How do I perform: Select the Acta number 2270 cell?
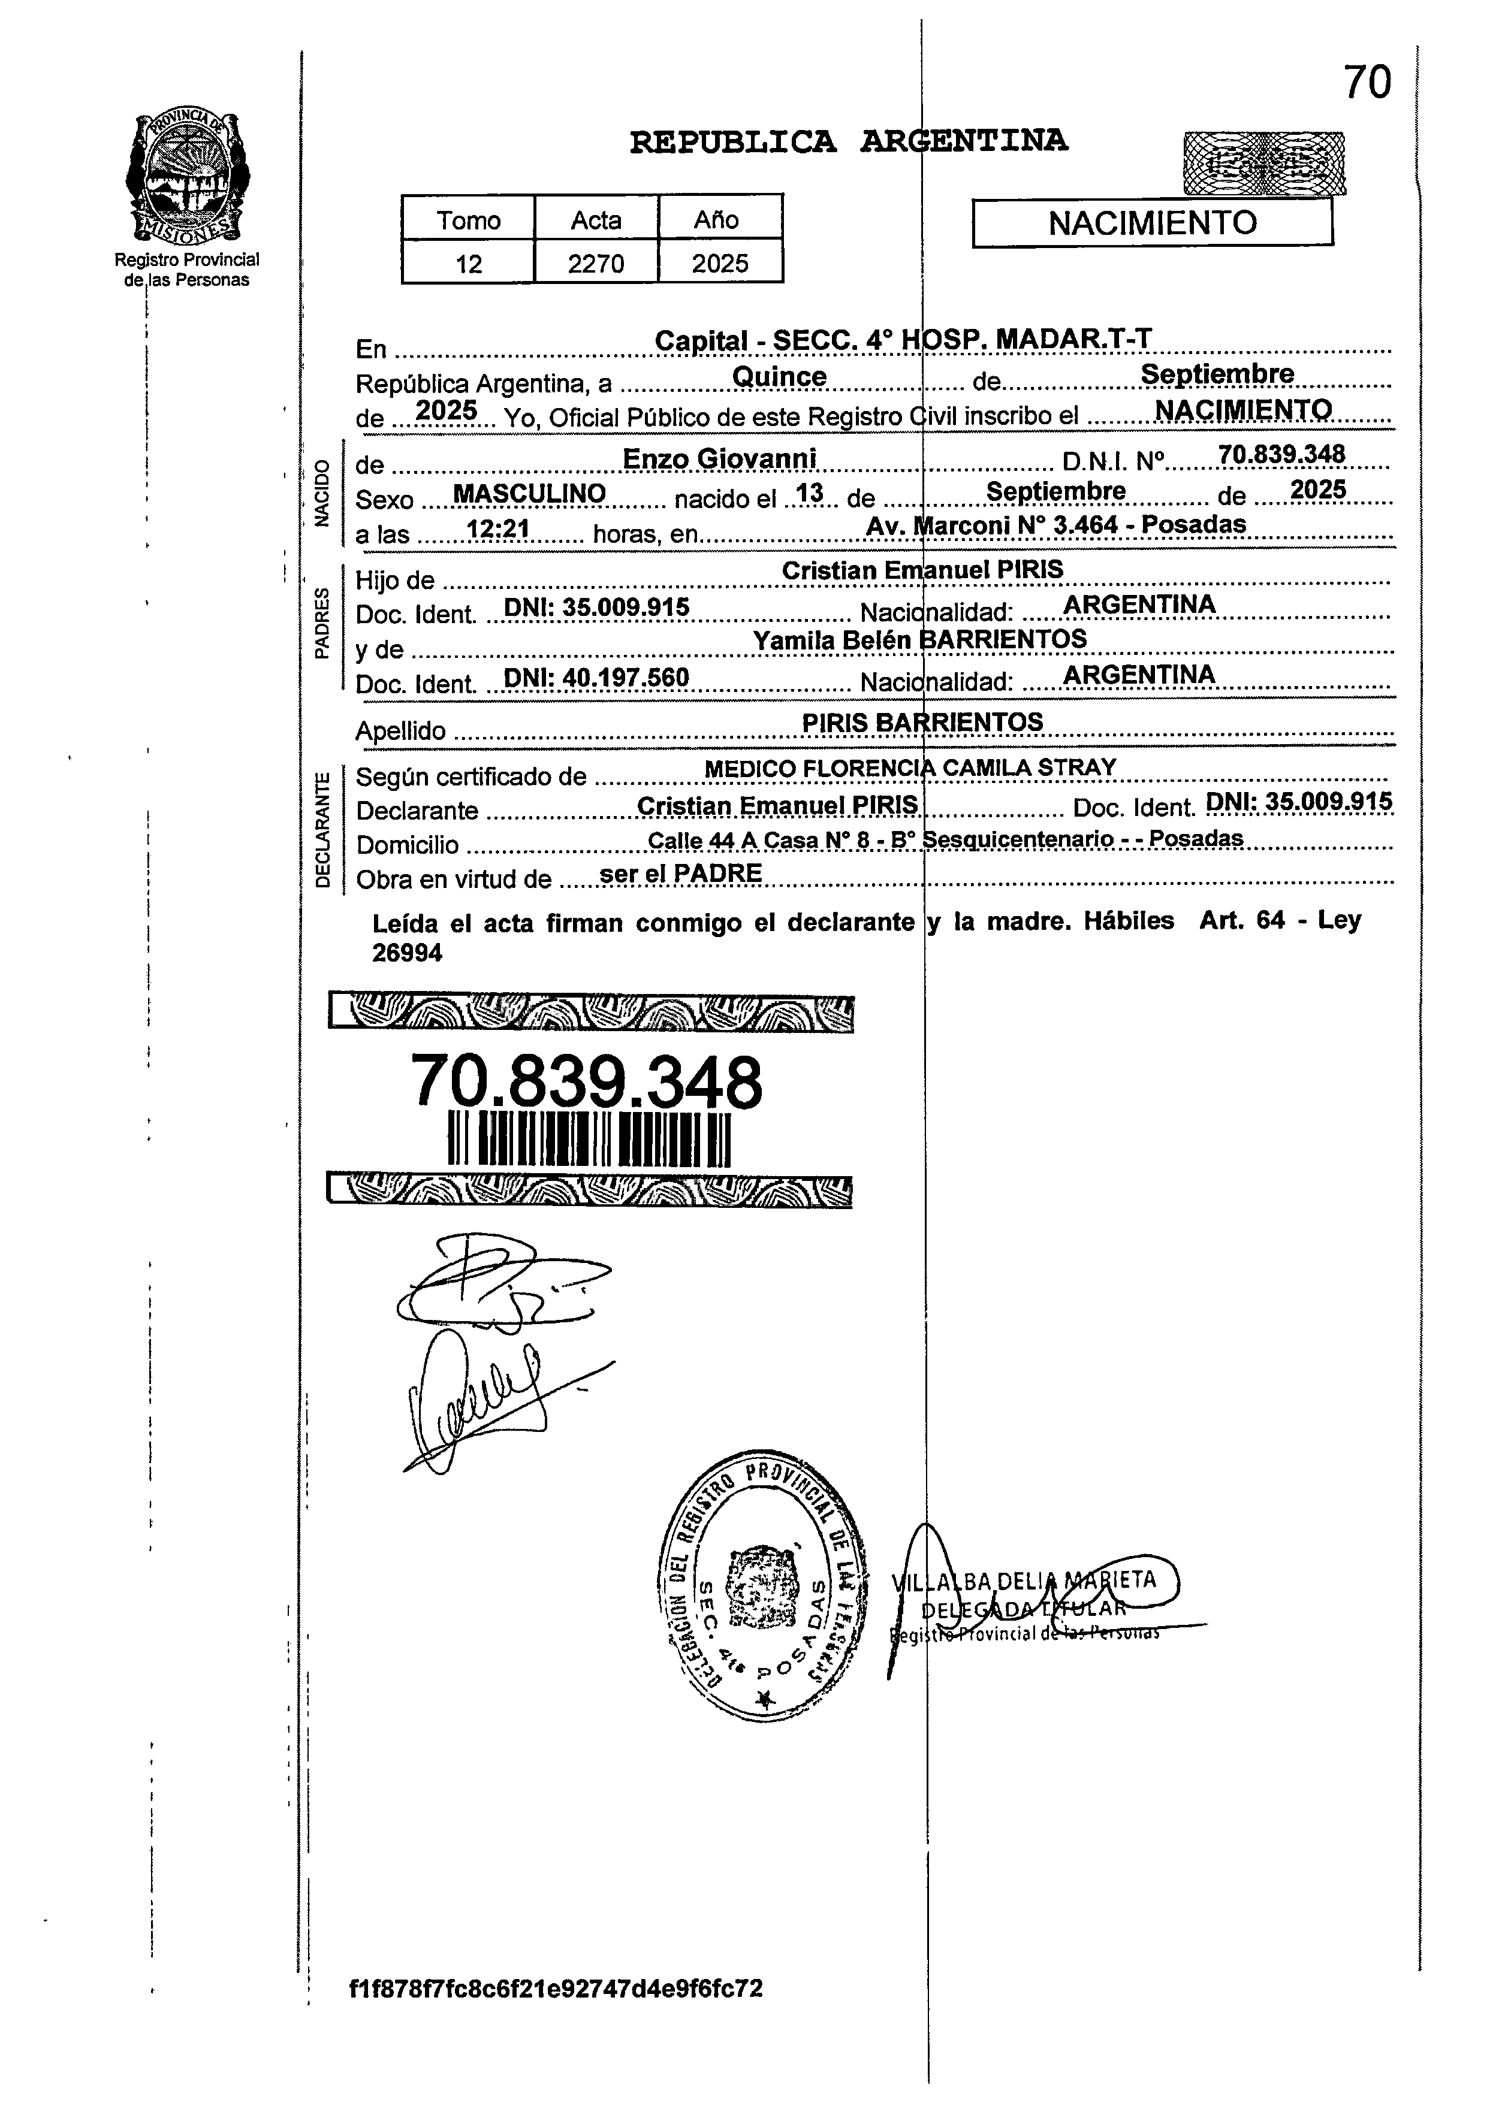coord(596,264)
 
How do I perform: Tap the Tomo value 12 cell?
coord(468,264)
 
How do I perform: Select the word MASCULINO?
coord(529,494)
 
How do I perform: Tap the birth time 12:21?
coord(497,530)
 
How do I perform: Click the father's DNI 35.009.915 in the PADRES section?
coord(596,608)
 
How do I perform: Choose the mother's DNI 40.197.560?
coord(596,678)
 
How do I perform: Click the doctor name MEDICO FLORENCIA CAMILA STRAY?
coord(910,768)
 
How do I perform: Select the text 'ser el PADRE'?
coord(681,874)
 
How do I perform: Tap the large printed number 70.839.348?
coord(586,1081)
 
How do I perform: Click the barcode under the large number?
coord(589,1140)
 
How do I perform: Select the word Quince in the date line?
coord(779,377)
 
